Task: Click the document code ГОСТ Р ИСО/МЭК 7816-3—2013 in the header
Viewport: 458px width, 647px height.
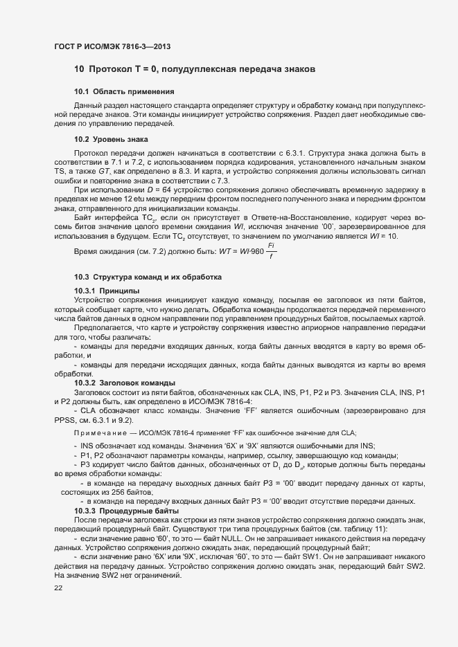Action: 112,46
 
